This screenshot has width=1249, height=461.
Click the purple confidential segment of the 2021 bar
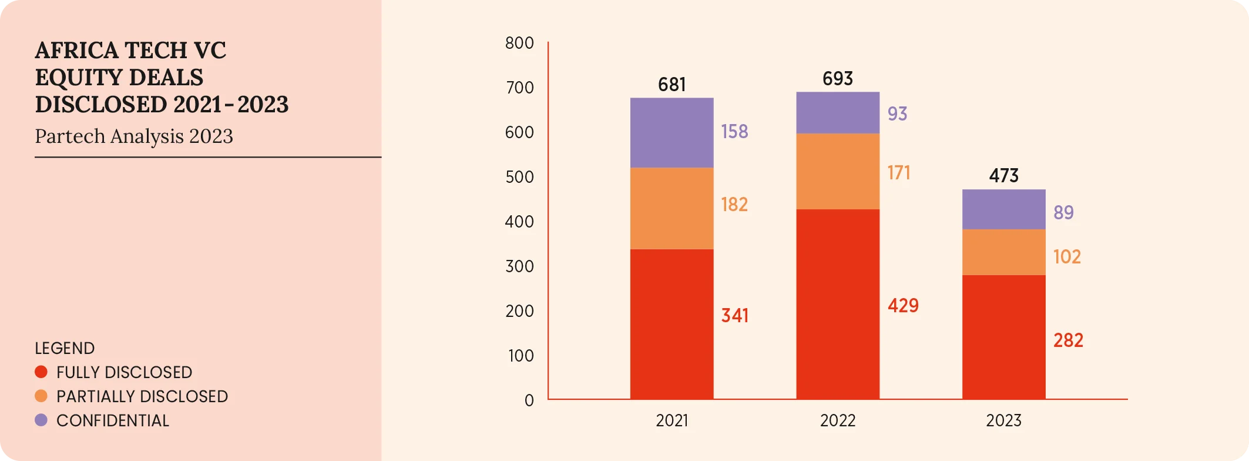click(671, 133)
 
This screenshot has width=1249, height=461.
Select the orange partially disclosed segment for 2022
click(838, 171)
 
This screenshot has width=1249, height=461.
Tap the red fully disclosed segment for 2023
click(1003, 337)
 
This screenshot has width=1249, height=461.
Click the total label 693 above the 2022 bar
click(838, 79)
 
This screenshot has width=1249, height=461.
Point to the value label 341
click(735, 316)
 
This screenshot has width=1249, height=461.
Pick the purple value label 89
click(1063, 212)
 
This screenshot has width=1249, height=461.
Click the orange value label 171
click(899, 173)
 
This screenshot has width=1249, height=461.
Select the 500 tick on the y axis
click(519, 177)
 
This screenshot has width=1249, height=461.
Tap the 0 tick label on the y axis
click(529, 400)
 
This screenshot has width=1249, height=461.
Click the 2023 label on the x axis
click(1003, 420)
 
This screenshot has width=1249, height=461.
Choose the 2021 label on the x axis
click(671, 420)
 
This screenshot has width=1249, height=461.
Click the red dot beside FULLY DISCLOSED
click(41, 372)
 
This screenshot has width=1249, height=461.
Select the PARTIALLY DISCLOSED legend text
click(142, 396)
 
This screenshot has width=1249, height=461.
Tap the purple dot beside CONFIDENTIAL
click(41, 420)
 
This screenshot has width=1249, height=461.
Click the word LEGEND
click(65, 348)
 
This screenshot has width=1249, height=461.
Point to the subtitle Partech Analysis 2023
click(134, 136)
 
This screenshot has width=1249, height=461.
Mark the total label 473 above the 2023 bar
click(1003, 176)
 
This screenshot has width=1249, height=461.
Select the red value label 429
click(903, 306)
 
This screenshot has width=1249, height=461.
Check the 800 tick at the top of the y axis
click(519, 43)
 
